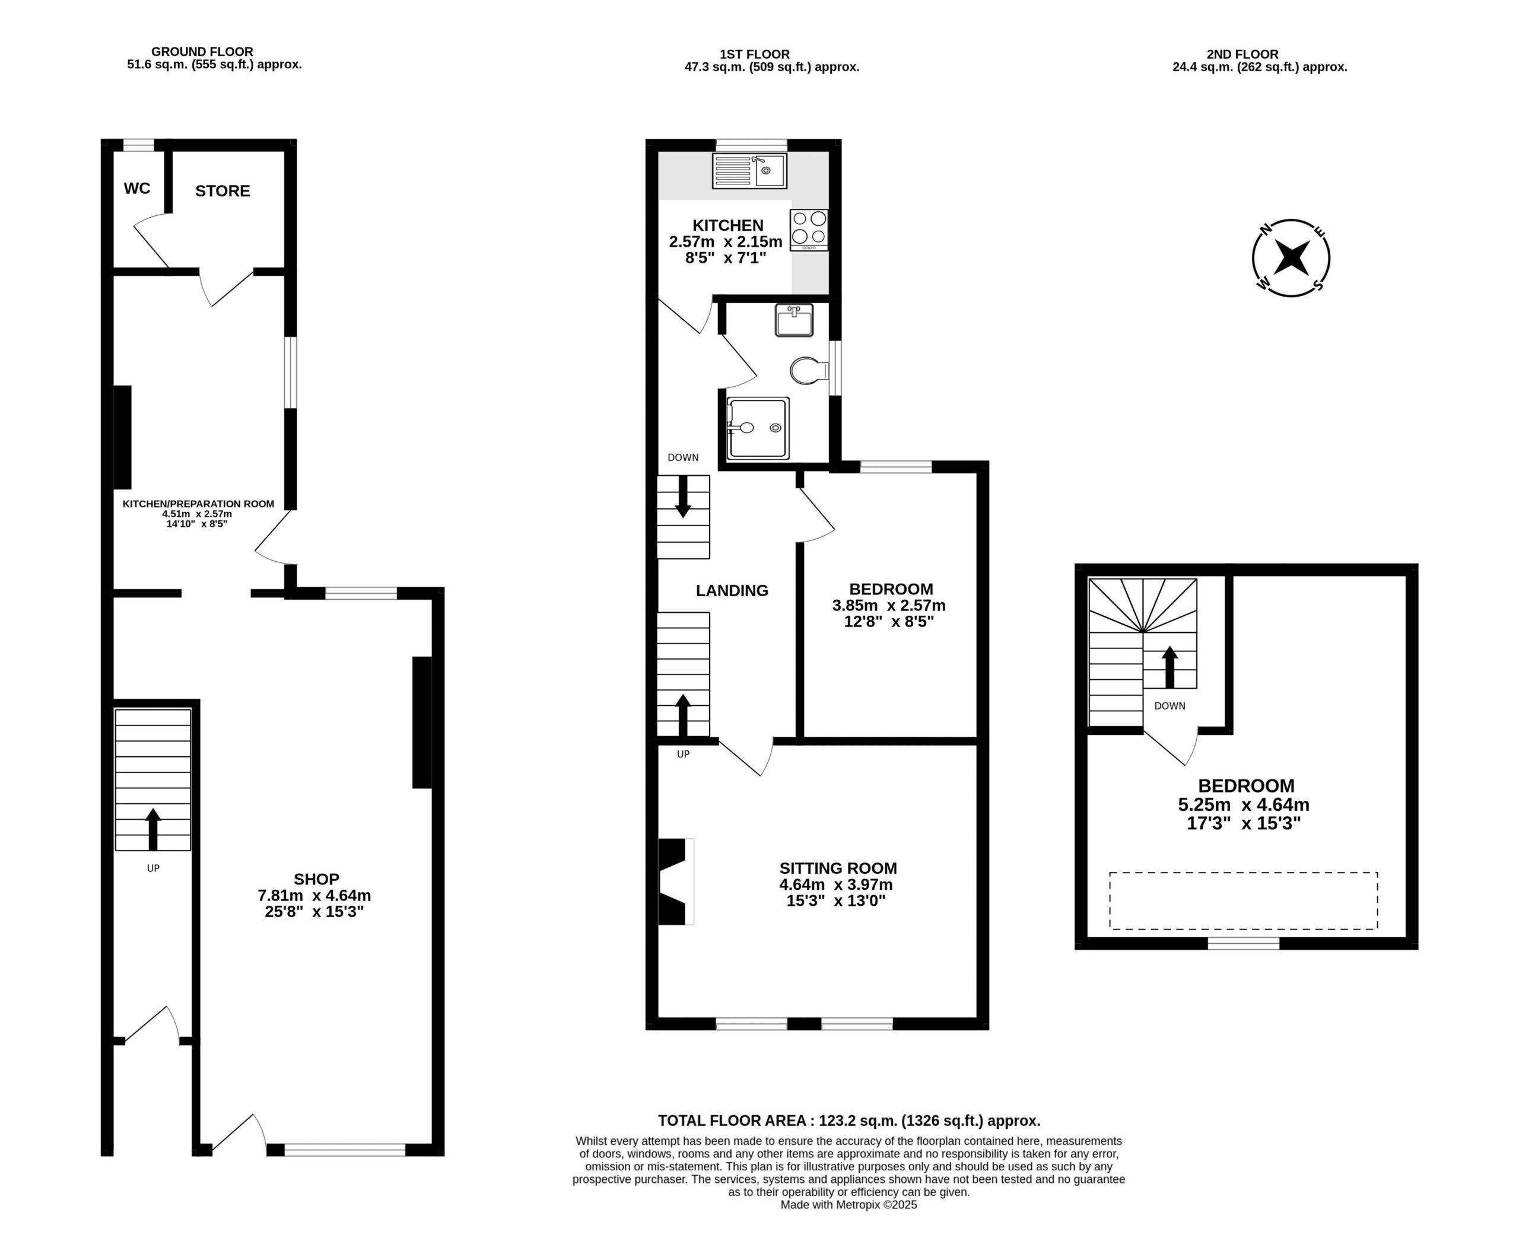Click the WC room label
tap(138, 188)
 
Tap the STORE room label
tap(223, 191)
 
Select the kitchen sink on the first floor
tap(750, 171)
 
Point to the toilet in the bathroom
tap(809, 371)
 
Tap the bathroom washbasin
tap(795, 320)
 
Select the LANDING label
tap(732, 591)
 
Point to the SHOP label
tap(316, 880)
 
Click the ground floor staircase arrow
tap(152, 829)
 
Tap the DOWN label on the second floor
tap(1170, 706)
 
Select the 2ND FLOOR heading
tap(1242, 54)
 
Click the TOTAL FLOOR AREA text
tap(849, 1121)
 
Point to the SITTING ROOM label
tap(838, 868)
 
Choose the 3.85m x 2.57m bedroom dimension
tap(889, 605)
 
